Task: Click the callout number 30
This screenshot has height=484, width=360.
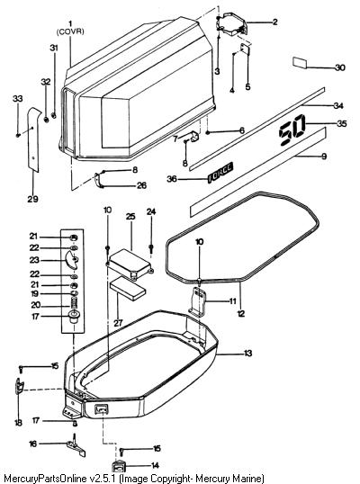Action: (x=340, y=67)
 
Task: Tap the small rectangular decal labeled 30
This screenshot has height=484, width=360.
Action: (x=300, y=63)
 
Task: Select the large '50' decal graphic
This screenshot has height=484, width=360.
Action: (x=292, y=130)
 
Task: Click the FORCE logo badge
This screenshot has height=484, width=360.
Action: (x=220, y=173)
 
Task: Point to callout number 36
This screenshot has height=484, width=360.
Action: (x=172, y=179)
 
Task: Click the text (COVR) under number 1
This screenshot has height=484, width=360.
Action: (x=70, y=31)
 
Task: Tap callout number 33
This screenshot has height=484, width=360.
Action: (x=18, y=98)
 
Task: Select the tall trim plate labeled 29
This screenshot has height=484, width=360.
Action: (x=34, y=139)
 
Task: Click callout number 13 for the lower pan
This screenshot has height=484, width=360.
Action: (x=247, y=353)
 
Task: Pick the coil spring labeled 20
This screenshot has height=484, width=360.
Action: (x=73, y=305)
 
